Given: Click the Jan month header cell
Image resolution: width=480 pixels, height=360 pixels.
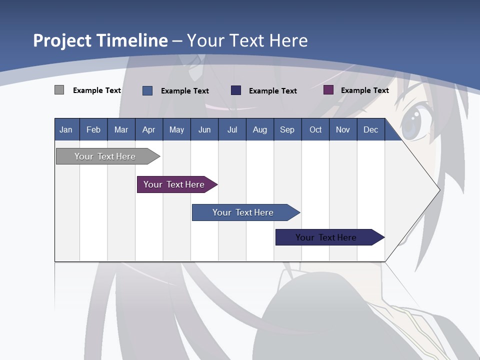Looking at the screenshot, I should tap(66, 129).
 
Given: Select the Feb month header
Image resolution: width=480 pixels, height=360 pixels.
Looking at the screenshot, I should tap(93, 129).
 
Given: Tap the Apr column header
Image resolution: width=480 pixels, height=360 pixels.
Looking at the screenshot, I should tap(149, 129).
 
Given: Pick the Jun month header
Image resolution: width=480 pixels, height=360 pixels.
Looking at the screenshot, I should tap(204, 129).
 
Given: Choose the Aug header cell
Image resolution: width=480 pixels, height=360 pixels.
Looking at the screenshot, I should tap(260, 129).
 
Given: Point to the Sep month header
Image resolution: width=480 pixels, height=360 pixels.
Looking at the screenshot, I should tap(287, 129).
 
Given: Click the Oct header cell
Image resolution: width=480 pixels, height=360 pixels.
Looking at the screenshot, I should tap(315, 129).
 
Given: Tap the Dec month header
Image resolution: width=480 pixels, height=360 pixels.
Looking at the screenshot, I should tap(371, 129).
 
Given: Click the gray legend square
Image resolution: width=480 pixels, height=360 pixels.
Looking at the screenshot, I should tap(59, 90).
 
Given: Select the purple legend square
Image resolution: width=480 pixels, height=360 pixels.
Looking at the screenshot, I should tap(328, 90).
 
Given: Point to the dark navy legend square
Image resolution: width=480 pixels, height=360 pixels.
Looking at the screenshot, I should tap(236, 90).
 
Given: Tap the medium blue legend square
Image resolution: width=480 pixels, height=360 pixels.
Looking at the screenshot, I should tap(147, 90).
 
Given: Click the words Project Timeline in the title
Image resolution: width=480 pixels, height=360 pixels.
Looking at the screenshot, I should tap(100, 40).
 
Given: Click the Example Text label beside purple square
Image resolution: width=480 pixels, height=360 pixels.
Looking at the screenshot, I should tap(364, 90).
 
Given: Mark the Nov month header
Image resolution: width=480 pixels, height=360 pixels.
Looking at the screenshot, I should tap(343, 129).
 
